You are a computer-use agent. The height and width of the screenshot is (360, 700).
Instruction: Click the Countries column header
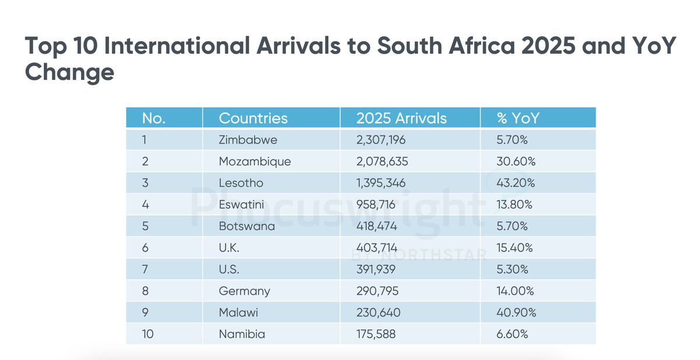pos(253,118)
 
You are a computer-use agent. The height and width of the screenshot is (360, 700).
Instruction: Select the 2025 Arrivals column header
pos(401,118)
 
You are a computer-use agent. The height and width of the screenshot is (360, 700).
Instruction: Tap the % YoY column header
pos(517,118)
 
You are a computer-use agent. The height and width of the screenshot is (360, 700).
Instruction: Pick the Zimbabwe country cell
pos(248,140)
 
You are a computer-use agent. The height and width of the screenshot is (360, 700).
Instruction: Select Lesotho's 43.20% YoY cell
pos(516,183)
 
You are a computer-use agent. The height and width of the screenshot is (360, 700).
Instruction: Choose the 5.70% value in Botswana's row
pos(513,226)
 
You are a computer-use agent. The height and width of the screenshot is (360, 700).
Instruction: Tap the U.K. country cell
pos(229,248)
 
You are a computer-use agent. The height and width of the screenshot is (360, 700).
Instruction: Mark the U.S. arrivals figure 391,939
pos(378,270)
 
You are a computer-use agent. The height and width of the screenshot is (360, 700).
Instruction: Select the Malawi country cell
pos(239,313)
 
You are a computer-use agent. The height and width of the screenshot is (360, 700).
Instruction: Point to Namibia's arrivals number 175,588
pos(378,334)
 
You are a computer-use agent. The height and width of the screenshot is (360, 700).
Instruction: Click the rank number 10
pos(148,334)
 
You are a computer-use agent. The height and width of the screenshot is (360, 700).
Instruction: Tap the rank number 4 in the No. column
pos(145,205)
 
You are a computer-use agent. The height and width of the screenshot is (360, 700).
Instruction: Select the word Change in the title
pos(69,73)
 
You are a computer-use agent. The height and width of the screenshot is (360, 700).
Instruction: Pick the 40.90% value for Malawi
pos(516,313)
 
